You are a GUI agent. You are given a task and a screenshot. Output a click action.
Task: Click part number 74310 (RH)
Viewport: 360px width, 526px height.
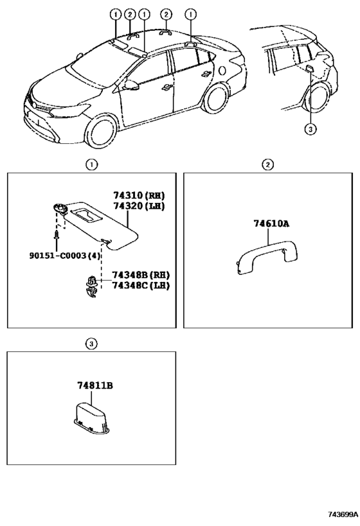point(139,195)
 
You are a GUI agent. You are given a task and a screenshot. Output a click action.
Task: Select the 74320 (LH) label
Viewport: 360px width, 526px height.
point(139,206)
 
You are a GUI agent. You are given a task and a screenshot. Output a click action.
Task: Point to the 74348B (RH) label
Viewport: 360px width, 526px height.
point(141,275)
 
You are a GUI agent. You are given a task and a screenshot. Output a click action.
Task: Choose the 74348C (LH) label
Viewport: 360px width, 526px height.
point(141,285)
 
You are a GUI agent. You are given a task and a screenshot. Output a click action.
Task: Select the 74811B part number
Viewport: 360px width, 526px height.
point(95,386)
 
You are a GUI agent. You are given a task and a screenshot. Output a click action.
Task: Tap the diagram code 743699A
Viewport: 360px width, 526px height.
point(343,514)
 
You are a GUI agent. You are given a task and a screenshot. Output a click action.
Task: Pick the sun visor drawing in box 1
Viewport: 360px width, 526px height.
point(97,225)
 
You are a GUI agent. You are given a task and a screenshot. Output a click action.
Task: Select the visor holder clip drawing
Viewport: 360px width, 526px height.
point(91,286)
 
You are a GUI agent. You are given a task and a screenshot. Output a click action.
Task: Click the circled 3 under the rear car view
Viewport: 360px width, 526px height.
point(310,129)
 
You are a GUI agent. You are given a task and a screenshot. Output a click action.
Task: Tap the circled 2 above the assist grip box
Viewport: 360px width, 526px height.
point(267,164)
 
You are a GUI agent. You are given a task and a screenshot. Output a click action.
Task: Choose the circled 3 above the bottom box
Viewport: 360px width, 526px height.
point(91,344)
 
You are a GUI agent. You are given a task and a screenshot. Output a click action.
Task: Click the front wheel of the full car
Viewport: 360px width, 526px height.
point(102,132)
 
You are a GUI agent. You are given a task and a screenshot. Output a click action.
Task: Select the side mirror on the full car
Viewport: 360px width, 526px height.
point(131,85)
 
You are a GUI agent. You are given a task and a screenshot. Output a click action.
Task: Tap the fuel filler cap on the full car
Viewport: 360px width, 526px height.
point(222,71)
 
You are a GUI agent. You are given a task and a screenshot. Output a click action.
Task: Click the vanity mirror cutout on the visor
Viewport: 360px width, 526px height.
point(86,215)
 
